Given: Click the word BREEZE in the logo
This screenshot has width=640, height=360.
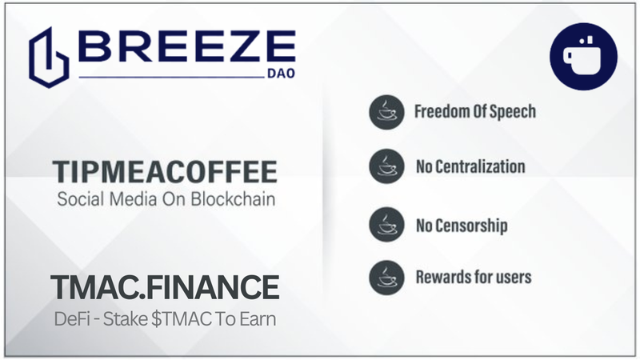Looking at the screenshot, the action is [x=186, y=46].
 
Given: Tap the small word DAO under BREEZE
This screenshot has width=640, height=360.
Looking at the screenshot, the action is [x=282, y=74].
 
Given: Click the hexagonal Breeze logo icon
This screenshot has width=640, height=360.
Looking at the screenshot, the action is [x=49, y=58].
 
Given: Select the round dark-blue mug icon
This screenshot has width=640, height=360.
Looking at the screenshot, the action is [x=583, y=56].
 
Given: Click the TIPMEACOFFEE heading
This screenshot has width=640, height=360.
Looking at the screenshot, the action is [x=165, y=172].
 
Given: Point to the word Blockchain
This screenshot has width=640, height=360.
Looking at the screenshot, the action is [x=233, y=199].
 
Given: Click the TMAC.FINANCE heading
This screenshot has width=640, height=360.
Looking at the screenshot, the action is [x=165, y=287].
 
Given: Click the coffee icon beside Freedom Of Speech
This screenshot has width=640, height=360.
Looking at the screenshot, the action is [x=386, y=112].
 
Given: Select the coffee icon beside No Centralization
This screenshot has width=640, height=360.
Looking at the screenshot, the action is [x=386, y=166].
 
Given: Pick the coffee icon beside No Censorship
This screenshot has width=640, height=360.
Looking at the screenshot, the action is [x=386, y=225].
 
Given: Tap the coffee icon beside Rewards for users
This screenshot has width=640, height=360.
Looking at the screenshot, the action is [x=386, y=278].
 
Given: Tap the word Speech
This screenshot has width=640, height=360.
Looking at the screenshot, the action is [x=513, y=112].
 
